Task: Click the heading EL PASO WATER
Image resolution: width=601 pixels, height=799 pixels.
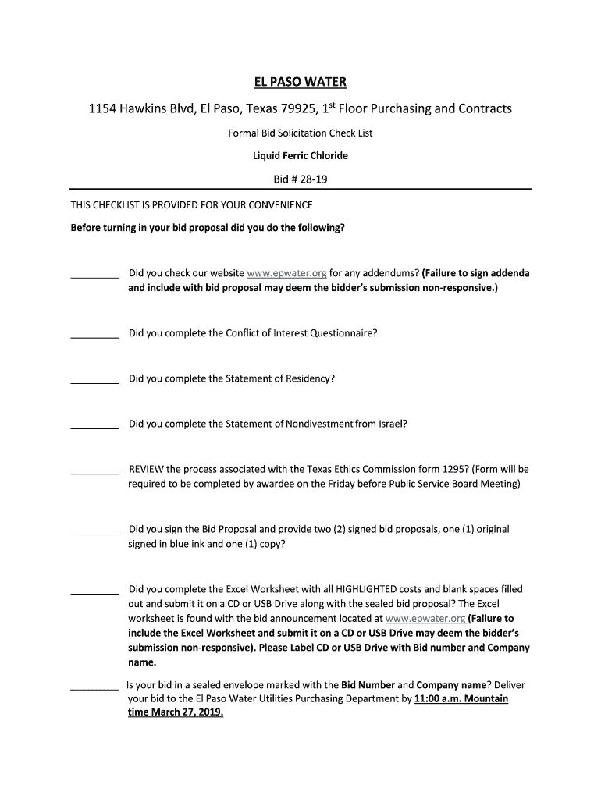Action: coord(300,81)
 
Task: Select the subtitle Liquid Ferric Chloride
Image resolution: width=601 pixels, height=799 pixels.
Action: coord(300,156)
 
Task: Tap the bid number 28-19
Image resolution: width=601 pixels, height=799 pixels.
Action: coord(310,179)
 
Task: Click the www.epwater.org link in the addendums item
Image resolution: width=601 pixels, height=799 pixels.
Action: coord(286,274)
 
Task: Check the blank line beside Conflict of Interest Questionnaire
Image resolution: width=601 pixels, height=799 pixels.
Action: coord(94,337)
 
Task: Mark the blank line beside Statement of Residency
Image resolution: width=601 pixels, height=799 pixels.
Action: coord(94,382)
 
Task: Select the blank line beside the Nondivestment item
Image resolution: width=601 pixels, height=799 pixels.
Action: coord(94,428)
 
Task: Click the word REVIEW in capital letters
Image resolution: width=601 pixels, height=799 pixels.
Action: coord(146,470)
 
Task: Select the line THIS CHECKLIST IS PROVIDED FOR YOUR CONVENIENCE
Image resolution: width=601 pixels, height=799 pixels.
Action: coord(192,205)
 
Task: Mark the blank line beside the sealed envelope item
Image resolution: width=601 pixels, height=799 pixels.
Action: coord(94,689)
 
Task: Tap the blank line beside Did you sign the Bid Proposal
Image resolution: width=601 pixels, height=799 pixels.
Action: coord(94,533)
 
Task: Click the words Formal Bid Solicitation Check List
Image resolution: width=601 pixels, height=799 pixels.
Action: coord(300,133)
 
